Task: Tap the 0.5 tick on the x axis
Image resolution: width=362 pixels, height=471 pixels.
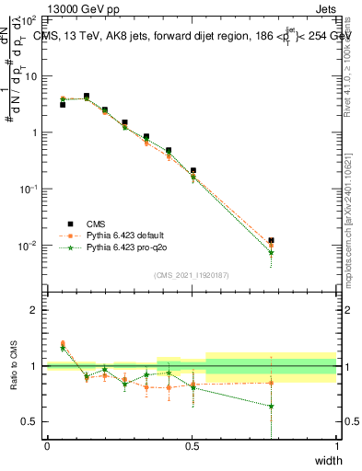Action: click(192, 446)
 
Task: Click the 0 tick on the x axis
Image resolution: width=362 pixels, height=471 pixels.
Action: click(47, 446)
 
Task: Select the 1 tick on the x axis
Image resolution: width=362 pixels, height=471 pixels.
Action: click(336, 446)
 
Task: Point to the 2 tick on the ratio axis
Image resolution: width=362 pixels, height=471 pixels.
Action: click(35, 310)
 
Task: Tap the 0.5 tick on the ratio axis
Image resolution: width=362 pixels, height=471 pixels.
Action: click(31, 421)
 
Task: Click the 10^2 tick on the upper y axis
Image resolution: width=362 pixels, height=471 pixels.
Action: click(30, 19)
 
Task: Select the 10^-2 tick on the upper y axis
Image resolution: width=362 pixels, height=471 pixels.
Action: click(30, 246)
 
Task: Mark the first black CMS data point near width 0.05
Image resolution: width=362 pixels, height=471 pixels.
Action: click(63, 105)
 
